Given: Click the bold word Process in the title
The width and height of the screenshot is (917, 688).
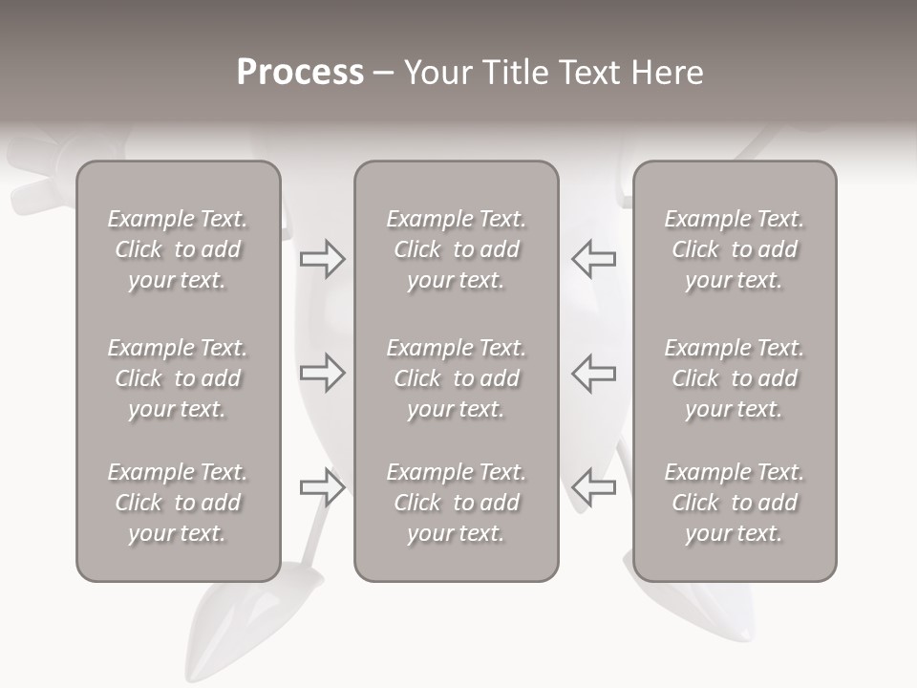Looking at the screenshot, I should pyautogui.click(x=300, y=73).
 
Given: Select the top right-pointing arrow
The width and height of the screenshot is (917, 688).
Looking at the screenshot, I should pyautogui.click(x=322, y=258).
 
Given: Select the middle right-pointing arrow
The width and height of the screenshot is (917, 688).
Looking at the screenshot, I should pyautogui.click(x=322, y=373).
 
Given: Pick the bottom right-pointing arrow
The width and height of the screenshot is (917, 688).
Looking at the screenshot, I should pyautogui.click(x=322, y=487).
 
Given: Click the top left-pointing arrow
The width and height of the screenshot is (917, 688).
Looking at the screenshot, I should pyautogui.click(x=594, y=258).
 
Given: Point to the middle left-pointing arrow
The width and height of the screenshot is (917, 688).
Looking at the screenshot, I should pyautogui.click(x=594, y=373).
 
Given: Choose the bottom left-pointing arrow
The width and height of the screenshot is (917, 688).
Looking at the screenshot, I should pyautogui.click(x=594, y=487).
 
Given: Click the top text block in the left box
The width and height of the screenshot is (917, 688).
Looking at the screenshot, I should pyautogui.click(x=178, y=249).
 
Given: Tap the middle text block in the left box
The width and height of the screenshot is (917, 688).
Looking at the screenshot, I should pyautogui.click(x=178, y=378).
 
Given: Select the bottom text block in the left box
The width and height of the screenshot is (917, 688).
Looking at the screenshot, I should pyautogui.click(x=178, y=503).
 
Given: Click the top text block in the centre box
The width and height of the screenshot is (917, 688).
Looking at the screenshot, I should pyautogui.click(x=456, y=249).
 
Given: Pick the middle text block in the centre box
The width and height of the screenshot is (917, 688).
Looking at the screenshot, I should pyautogui.click(x=456, y=378).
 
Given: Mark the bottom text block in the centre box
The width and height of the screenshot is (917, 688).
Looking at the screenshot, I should pyautogui.click(x=456, y=503).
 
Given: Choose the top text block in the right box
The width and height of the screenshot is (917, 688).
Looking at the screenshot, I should pyautogui.click(x=734, y=249).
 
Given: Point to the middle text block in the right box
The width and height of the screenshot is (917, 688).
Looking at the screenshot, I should pyautogui.click(x=734, y=378).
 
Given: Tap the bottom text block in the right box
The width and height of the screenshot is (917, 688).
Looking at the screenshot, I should pyautogui.click(x=734, y=503).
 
